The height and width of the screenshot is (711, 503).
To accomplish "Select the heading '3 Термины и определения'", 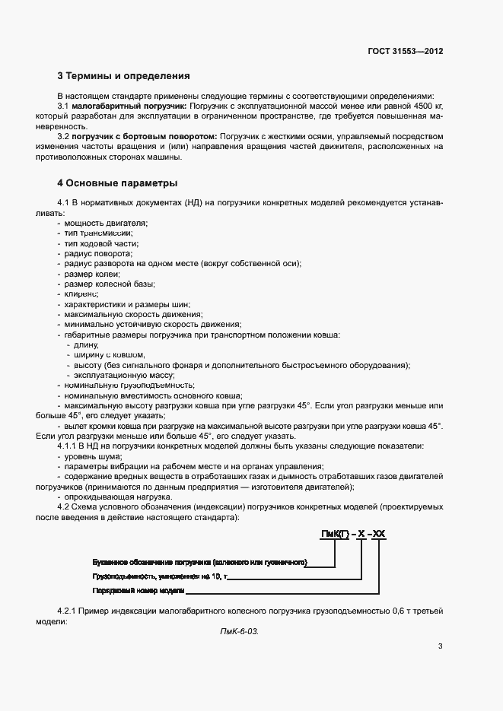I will tap(124, 76).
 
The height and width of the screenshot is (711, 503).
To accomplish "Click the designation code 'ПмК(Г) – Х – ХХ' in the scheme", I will tap(353, 535).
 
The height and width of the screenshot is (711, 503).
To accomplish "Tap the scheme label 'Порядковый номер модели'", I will tap(138, 590).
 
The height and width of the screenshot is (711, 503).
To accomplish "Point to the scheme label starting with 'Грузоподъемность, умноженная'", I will tap(158, 576).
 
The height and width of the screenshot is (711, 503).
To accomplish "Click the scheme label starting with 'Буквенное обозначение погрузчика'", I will tap(199, 562).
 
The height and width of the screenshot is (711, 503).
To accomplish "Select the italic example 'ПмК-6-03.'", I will tap(239, 632).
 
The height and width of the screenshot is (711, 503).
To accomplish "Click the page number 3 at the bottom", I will tap(440, 647).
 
